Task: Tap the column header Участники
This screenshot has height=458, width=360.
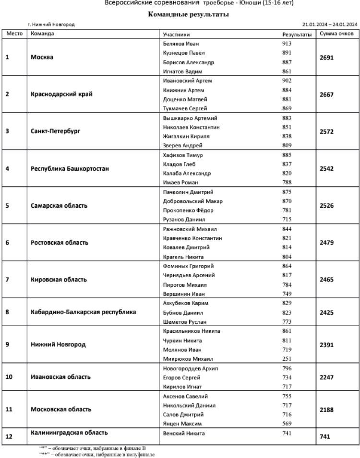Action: (176, 35)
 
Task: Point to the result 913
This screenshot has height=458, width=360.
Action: (287, 44)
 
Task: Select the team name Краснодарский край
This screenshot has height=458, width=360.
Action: (61, 94)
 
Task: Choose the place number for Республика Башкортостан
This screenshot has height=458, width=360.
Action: (7, 169)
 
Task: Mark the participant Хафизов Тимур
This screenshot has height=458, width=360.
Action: (183, 155)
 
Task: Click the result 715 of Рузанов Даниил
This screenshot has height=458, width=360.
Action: (287, 220)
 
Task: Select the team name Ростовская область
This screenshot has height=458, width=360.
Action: (60, 243)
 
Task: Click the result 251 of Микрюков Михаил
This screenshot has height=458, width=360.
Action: (287, 358)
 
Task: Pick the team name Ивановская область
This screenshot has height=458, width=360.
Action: (60, 377)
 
